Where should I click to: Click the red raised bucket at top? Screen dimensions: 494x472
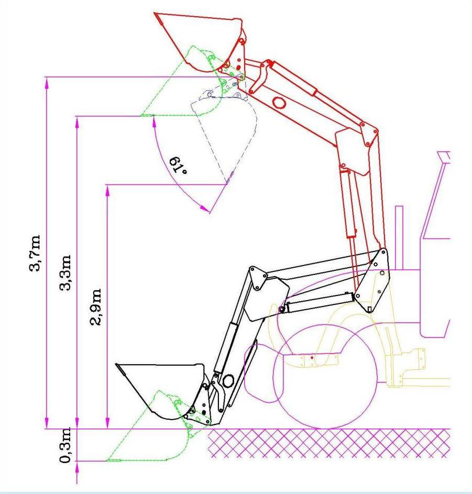coord(202,39)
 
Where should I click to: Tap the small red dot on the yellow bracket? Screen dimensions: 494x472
coord(312,357)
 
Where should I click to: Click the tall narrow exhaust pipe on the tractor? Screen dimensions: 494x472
coord(398,236)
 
